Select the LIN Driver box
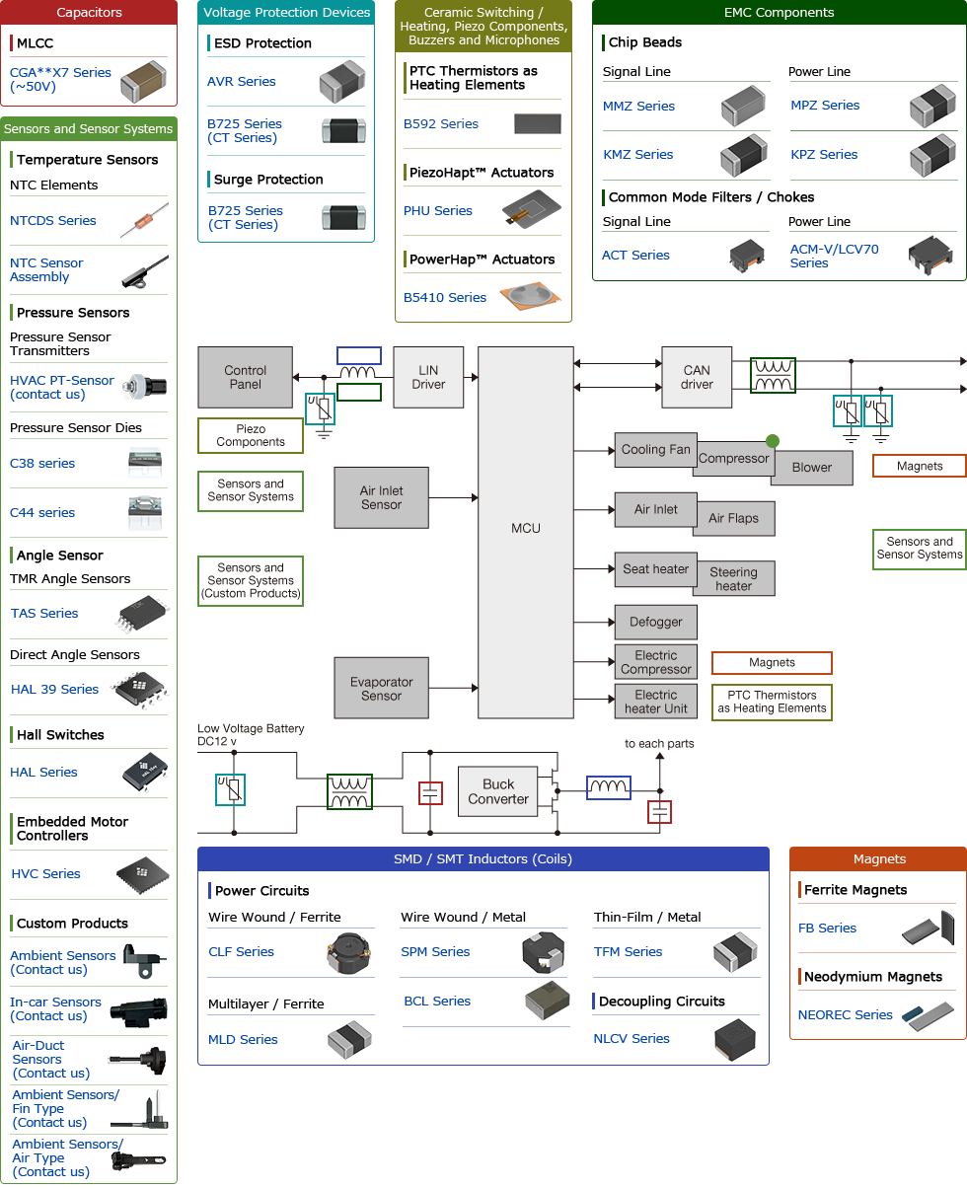(x=428, y=377)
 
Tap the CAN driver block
(x=697, y=377)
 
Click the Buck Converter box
(x=498, y=791)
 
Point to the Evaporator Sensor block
(x=381, y=689)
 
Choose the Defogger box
(x=655, y=622)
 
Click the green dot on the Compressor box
(x=772, y=441)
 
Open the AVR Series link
(x=242, y=82)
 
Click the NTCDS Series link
(x=53, y=221)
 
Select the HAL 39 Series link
(x=54, y=690)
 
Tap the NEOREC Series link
(x=845, y=1015)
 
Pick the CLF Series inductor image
(x=347, y=953)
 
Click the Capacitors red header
(x=89, y=13)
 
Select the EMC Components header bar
(x=779, y=13)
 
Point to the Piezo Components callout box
(x=251, y=436)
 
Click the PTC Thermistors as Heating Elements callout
(x=772, y=702)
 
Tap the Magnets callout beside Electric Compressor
(x=772, y=663)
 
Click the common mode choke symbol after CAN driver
(x=773, y=376)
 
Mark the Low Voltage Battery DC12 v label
(x=251, y=735)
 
